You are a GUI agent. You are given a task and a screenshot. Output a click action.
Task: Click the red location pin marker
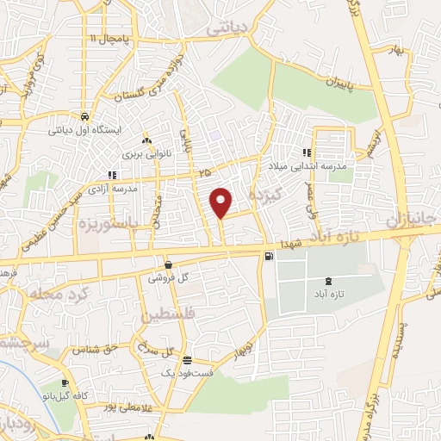221,202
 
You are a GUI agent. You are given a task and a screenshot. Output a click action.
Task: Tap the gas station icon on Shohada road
270,257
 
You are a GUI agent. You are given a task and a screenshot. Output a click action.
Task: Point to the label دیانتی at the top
227,28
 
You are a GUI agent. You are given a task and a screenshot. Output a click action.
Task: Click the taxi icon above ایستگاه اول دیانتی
84,116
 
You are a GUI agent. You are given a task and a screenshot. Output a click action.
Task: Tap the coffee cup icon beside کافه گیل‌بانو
65,383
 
